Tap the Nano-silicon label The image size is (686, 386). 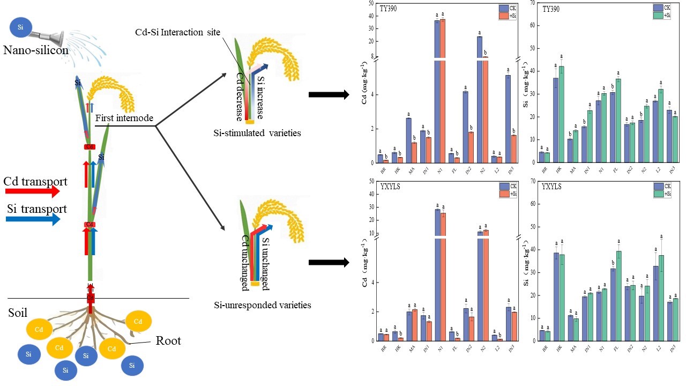[x=35, y=50]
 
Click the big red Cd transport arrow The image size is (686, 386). [x=32, y=190]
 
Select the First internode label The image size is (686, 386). [x=124, y=117]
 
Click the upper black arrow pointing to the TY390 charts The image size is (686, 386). [x=329, y=95]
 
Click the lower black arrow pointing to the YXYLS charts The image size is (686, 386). [x=329, y=262]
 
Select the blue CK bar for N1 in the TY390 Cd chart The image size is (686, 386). [x=437, y=91]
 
